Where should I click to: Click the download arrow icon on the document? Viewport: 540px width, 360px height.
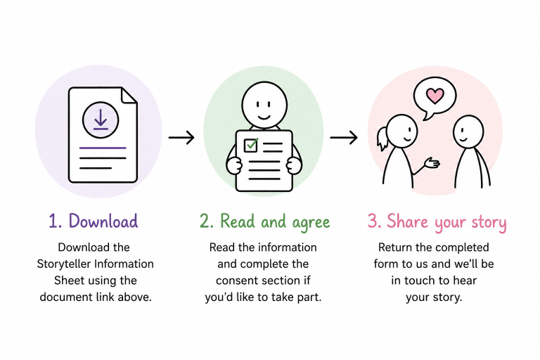[x=101, y=120]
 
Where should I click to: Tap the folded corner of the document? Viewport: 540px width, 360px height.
[x=129, y=96]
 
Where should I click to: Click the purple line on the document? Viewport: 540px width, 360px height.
[x=103, y=148]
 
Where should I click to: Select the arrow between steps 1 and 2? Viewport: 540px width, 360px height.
[x=181, y=137]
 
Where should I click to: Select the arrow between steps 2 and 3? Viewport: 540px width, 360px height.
[x=344, y=137]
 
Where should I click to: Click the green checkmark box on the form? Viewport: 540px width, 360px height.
[x=251, y=145]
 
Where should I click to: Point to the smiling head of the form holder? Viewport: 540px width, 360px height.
[x=264, y=105]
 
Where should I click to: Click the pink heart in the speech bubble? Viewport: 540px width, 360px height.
[x=435, y=96]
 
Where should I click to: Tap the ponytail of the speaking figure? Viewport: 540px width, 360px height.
[x=382, y=139]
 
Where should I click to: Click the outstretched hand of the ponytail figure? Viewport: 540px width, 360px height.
[x=432, y=162]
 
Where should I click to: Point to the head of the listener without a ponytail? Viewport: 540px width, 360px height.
[x=468, y=132]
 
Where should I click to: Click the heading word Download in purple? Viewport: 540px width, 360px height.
[x=103, y=221]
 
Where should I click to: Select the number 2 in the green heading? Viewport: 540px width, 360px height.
[x=205, y=221]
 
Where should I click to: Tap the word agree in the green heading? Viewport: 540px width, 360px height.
[x=311, y=223]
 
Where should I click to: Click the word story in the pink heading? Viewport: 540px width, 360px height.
[x=489, y=222]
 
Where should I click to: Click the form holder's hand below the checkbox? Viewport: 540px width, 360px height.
[x=234, y=166]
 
